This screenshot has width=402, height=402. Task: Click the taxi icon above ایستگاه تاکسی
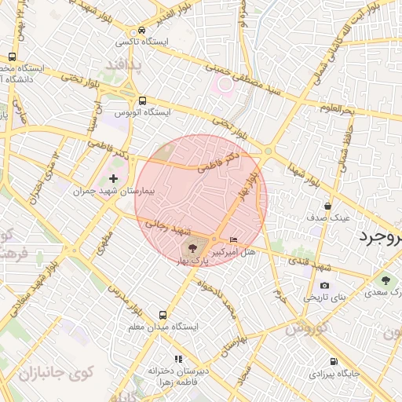141,27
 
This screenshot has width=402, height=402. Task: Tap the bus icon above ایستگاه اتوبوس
142,100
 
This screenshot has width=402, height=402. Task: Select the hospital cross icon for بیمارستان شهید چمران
114,179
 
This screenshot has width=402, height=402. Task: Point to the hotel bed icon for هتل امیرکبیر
232,239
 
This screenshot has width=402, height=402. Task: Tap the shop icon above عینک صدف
327,205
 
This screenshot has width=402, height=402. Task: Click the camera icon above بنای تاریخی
324,286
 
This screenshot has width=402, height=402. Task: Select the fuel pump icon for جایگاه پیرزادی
334,362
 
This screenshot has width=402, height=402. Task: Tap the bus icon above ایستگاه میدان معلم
163,314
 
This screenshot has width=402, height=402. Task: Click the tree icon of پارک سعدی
385,280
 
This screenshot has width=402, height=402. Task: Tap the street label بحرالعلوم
338,109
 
